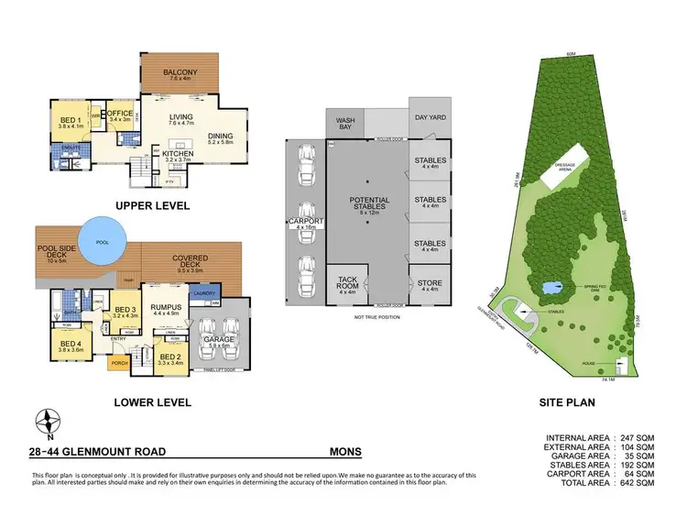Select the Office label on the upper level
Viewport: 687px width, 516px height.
[x=120, y=115]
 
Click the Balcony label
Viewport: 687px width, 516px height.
[x=180, y=74]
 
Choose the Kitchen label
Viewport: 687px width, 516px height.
[x=177, y=154]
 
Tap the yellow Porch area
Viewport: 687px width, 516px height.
[x=119, y=363]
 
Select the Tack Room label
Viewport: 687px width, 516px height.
[x=347, y=283]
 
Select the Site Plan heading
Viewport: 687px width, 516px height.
[x=568, y=401]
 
